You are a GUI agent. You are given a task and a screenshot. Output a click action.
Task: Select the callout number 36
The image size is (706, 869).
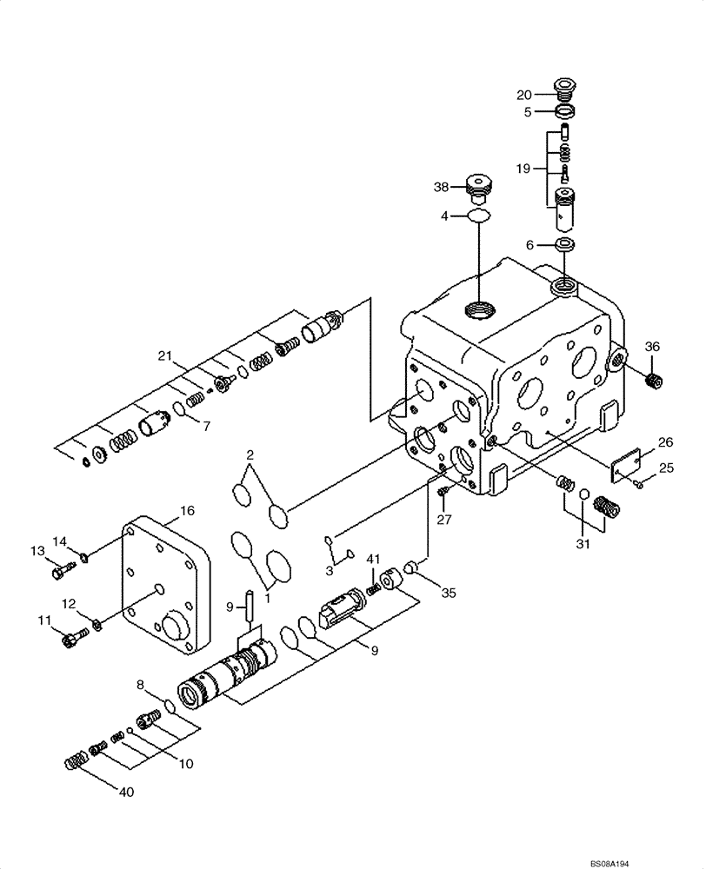click(652, 347)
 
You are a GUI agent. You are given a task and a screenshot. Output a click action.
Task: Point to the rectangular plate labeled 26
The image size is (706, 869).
click(623, 467)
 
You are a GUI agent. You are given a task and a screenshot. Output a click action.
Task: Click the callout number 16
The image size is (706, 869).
click(187, 510)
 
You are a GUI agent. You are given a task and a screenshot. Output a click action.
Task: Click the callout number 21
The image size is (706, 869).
click(166, 355)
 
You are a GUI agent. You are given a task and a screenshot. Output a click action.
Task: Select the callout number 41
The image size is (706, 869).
click(372, 558)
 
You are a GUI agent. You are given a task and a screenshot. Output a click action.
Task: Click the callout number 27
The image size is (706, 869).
click(445, 520)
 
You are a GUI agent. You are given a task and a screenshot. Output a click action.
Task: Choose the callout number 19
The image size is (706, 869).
click(522, 168)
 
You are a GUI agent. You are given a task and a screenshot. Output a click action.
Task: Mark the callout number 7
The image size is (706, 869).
click(206, 426)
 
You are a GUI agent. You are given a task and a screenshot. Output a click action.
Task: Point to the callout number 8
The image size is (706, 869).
click(139, 686)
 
